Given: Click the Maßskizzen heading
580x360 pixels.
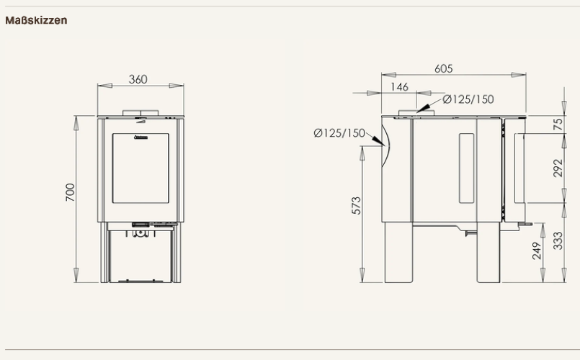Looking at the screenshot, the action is [36, 20].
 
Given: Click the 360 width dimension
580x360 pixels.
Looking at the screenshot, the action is [138, 79].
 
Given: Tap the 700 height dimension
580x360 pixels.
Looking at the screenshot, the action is [70, 192].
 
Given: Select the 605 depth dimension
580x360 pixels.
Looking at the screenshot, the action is [444, 68].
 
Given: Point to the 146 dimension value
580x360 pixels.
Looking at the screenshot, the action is [399, 87].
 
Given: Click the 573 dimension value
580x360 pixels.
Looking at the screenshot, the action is [356, 205].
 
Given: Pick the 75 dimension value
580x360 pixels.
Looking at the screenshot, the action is [558, 124].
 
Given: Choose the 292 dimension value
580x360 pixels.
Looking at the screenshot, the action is [558, 168].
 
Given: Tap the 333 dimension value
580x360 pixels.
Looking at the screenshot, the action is [558, 240].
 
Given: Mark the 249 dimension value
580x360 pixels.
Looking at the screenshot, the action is [537, 251].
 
